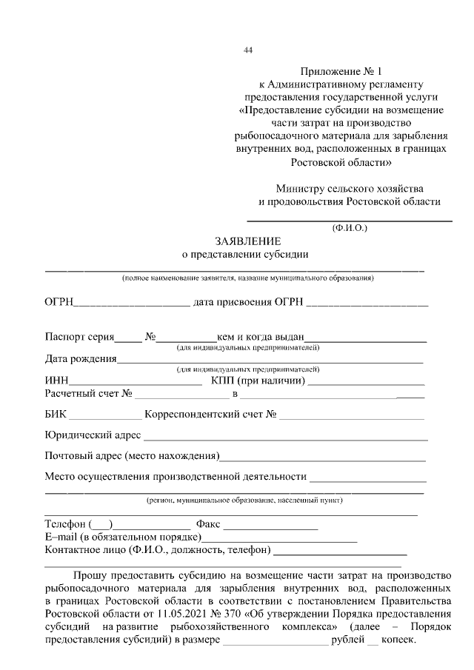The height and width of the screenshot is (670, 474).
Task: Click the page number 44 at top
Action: pyautogui.click(x=248, y=50)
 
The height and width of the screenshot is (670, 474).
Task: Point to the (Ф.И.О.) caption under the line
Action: pyautogui.click(x=350, y=228)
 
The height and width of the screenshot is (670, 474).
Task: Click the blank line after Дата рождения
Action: pyautogui.click(x=270, y=361)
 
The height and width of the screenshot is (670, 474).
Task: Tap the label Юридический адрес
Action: pyautogui.click(x=93, y=435)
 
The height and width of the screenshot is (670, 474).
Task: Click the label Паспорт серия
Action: pyautogui.click(x=79, y=338)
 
